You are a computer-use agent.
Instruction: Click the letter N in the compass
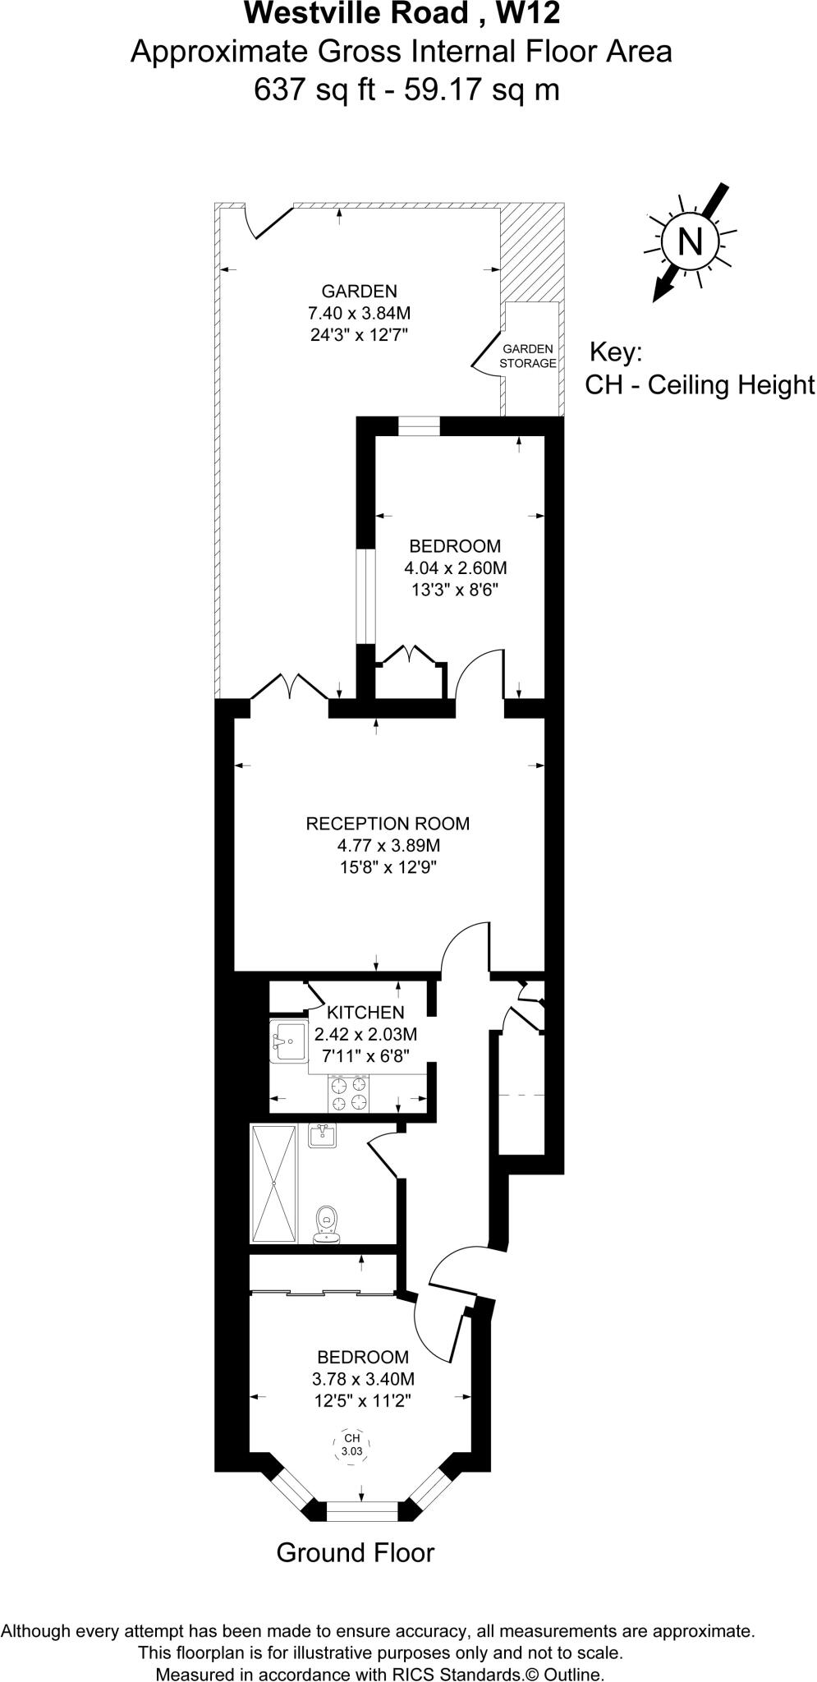point(690,241)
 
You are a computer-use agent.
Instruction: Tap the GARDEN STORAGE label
point(528,356)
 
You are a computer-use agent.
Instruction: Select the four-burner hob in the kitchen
point(349,1092)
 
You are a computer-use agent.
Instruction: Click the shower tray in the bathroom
point(273,1183)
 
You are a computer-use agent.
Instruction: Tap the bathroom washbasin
point(323,1136)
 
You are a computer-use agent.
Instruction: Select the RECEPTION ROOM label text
point(388,824)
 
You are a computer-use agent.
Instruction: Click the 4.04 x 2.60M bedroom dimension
point(455,568)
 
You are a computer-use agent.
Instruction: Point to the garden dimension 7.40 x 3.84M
point(359,313)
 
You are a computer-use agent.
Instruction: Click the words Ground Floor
point(355,1552)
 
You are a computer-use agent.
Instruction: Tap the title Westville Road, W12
point(402,14)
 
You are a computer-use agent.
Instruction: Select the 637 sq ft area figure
point(313,88)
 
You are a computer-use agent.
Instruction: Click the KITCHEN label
point(365,1013)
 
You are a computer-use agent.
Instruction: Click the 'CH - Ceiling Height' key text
point(699,384)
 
